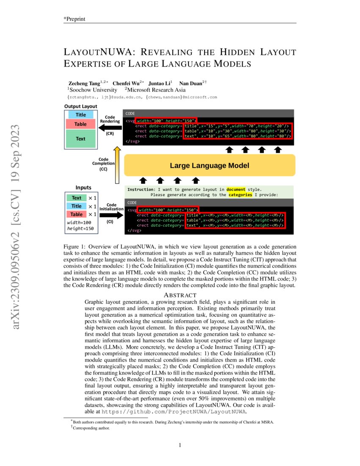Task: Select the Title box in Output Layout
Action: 80,115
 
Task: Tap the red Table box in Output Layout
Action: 80,124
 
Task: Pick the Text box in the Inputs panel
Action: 77,198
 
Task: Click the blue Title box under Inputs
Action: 77,206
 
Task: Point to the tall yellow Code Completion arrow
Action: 117,165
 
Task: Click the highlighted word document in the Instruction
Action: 236,189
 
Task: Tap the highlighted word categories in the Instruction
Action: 240,195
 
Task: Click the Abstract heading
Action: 180,295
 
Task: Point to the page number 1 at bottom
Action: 180,445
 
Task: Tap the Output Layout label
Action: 80,106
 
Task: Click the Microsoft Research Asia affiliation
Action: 156,90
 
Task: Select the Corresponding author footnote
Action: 91,428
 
